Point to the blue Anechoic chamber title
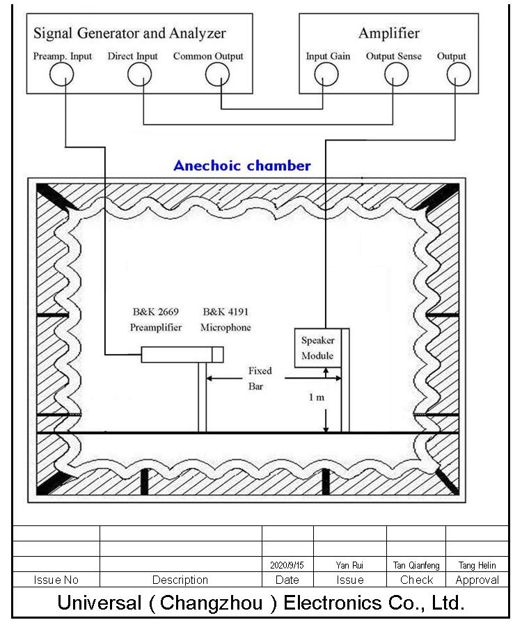point(242,166)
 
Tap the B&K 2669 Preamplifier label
point(156,319)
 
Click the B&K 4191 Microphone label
point(226,319)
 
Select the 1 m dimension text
point(317,397)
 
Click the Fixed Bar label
point(260,379)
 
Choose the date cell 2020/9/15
point(287,565)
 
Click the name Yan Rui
point(349,565)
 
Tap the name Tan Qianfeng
point(416,565)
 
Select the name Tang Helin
point(477,565)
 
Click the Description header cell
point(180,580)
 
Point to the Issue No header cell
point(56,580)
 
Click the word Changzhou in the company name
point(211,603)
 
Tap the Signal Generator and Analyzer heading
point(129,33)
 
